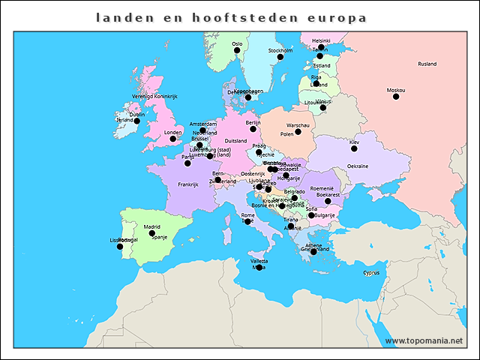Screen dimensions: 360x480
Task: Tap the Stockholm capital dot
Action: click(x=280, y=57)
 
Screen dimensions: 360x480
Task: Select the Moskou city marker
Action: click(x=396, y=97)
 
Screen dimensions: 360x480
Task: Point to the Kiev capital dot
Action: click(x=354, y=148)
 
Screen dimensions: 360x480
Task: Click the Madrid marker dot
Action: click(x=152, y=233)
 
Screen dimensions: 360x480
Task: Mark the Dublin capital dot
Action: click(x=137, y=121)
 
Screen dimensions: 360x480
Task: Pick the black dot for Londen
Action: click(x=173, y=139)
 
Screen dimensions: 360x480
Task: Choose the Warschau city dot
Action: click(x=298, y=132)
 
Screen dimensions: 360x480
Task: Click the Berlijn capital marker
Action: click(x=253, y=129)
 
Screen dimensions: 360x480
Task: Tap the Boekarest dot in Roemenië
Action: click(x=328, y=201)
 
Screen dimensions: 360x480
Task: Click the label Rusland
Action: click(x=427, y=64)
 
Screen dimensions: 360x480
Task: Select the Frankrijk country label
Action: click(x=187, y=184)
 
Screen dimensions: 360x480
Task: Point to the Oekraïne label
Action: click(x=357, y=166)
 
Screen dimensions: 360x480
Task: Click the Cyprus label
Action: click(x=371, y=272)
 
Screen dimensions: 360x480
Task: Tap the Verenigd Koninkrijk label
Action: click(x=154, y=97)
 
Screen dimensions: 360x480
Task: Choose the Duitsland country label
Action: click(x=235, y=140)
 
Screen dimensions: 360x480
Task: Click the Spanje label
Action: click(x=159, y=237)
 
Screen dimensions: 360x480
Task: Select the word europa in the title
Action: click(x=337, y=16)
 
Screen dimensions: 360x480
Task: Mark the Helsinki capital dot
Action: click(x=321, y=47)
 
